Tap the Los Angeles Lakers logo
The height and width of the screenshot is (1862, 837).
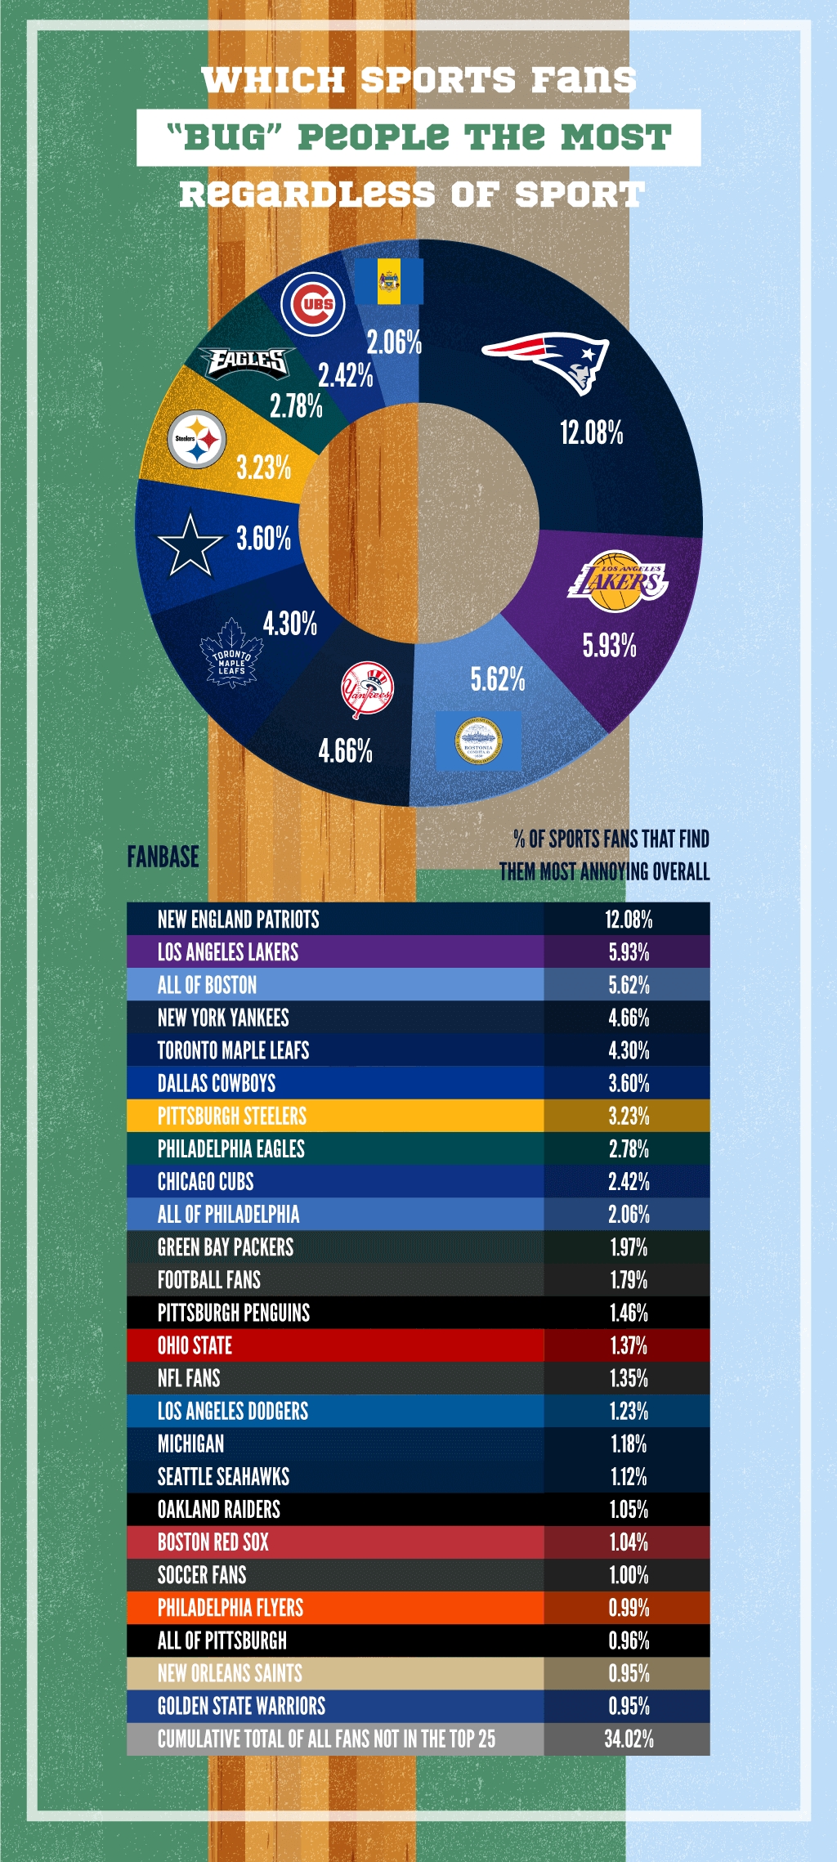coord(618,581)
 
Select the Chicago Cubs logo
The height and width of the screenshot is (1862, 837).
coord(313,304)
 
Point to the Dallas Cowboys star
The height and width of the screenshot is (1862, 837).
coord(190,544)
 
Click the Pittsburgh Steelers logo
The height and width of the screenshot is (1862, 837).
coord(196,439)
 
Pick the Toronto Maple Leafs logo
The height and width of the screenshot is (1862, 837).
coord(231,654)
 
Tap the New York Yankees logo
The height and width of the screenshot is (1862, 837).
coord(367,690)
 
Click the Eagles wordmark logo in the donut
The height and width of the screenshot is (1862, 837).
coord(247,361)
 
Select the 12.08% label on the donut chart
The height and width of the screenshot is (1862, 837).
coord(591,432)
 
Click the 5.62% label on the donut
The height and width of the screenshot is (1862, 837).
coord(497,678)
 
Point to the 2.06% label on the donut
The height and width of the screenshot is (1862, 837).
coord(394,342)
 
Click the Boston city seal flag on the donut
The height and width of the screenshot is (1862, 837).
coord(478,741)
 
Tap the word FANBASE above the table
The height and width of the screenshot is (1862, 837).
coord(163,857)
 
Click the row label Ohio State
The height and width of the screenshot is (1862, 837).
coord(195,1345)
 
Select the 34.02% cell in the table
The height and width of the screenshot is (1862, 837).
coord(629,1739)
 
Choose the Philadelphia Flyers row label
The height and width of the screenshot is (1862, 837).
coord(230,1608)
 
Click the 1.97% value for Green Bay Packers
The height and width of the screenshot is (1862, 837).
coord(629,1247)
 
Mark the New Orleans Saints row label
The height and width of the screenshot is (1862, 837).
coord(230,1673)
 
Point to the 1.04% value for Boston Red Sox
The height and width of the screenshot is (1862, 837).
coord(629,1542)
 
